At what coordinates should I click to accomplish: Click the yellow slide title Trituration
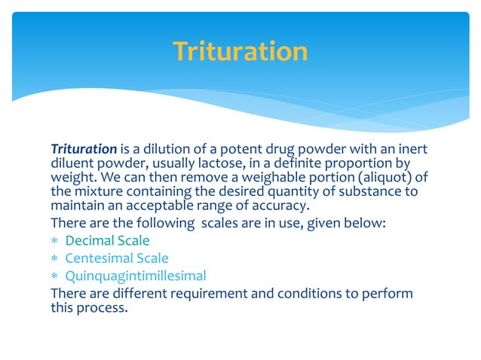(240, 52)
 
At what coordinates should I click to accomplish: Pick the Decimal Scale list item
(107, 241)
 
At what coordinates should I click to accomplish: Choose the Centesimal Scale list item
(117, 258)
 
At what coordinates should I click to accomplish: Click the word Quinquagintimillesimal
(136, 276)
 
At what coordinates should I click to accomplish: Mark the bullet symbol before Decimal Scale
(54, 242)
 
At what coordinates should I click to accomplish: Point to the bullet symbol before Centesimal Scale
(54, 259)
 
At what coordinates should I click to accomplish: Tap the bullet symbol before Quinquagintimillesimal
(54, 276)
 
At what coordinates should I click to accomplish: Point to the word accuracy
(273, 206)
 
